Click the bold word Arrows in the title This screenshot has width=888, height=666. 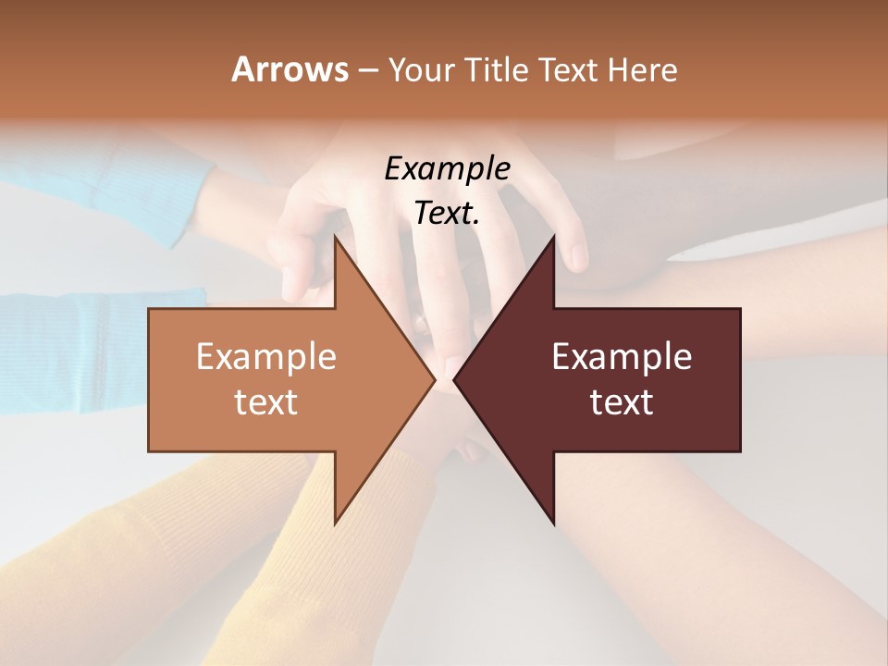pyautogui.click(x=290, y=69)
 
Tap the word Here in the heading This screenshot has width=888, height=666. pyautogui.click(x=643, y=69)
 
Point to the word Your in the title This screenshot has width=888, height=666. pyautogui.click(x=422, y=69)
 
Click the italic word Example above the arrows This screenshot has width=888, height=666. pyautogui.click(x=447, y=168)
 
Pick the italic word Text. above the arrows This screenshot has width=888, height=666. pyautogui.click(x=447, y=213)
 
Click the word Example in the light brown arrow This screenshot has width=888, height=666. pyautogui.click(x=266, y=357)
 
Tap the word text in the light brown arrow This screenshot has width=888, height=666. pyautogui.click(x=266, y=401)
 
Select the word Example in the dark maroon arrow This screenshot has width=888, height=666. pyautogui.click(x=622, y=357)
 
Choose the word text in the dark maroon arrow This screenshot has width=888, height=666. pyautogui.click(x=622, y=401)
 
